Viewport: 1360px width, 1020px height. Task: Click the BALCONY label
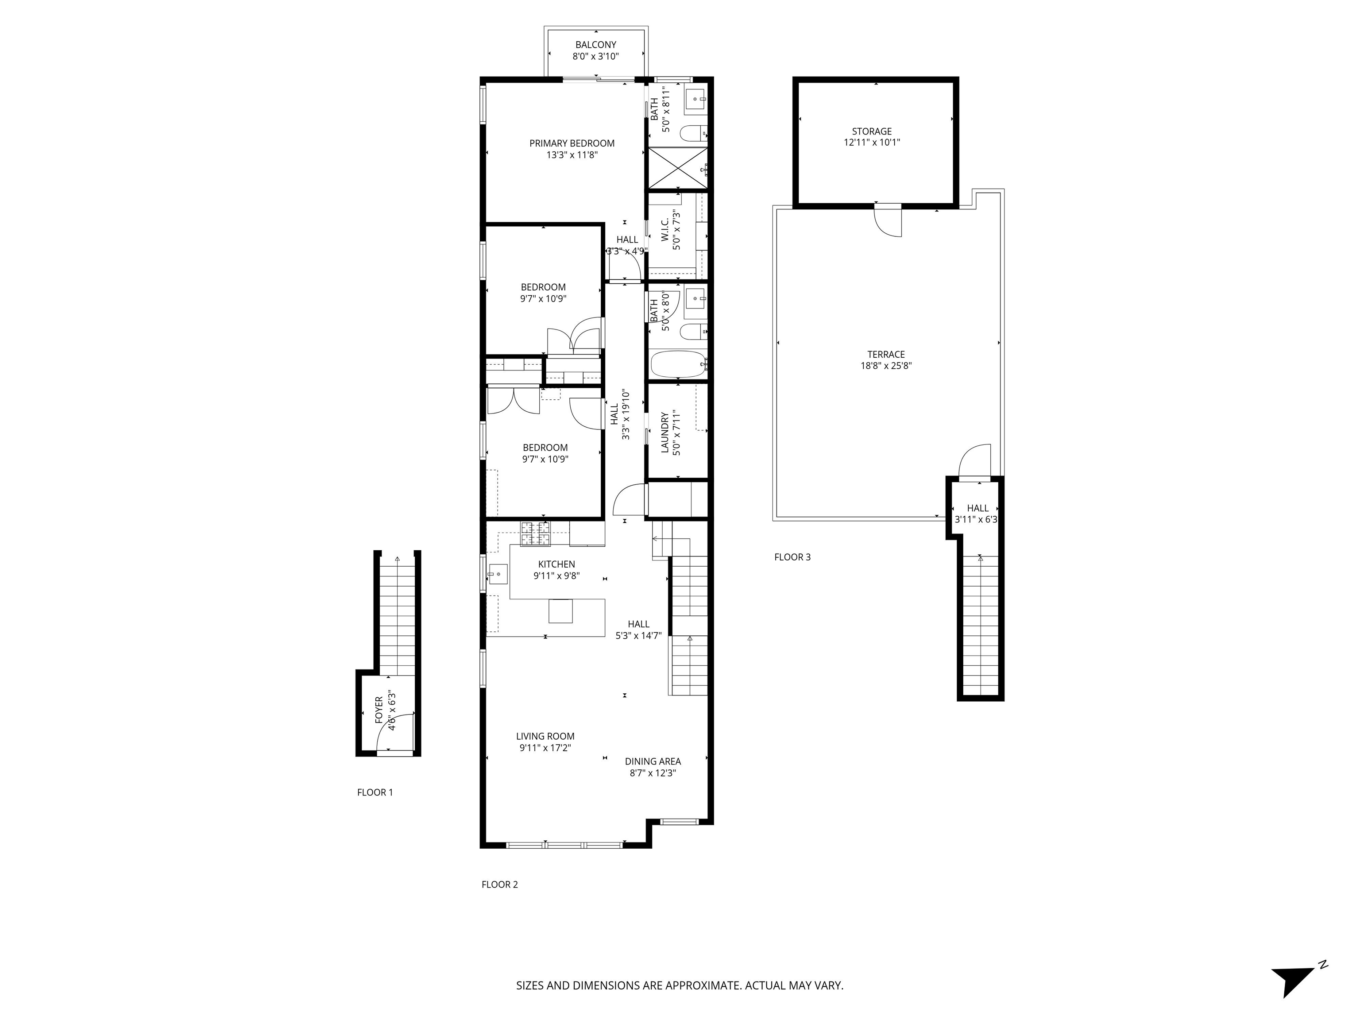tap(595, 45)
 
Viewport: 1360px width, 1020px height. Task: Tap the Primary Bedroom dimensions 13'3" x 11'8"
tap(572, 155)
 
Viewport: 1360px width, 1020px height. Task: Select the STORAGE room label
tap(871, 131)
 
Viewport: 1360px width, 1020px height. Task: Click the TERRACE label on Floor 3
tap(885, 354)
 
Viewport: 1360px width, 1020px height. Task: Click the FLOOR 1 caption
tap(375, 792)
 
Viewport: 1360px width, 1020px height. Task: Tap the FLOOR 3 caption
tap(792, 557)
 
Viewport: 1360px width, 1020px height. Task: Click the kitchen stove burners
tap(536, 533)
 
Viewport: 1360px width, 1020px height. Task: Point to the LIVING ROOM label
tap(545, 736)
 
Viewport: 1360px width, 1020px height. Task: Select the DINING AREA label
tap(653, 761)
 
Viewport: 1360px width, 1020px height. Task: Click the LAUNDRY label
tap(665, 432)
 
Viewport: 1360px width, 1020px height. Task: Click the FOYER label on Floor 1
tap(379, 710)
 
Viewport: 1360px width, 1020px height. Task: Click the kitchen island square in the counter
tap(560, 610)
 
